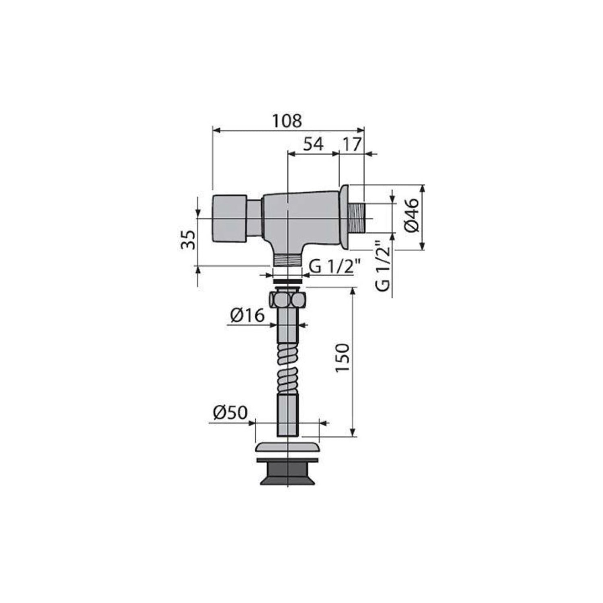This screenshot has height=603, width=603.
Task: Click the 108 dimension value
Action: pos(287,121)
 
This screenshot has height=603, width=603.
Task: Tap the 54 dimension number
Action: pos(313,144)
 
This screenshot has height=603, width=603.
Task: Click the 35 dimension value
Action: pos(188,240)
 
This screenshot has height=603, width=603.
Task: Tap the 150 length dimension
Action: pos(343,357)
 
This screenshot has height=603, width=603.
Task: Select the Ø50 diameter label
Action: pos(230,413)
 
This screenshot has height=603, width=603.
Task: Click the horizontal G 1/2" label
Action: pos(332,266)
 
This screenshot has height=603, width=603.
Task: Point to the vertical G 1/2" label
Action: pos(383,266)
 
